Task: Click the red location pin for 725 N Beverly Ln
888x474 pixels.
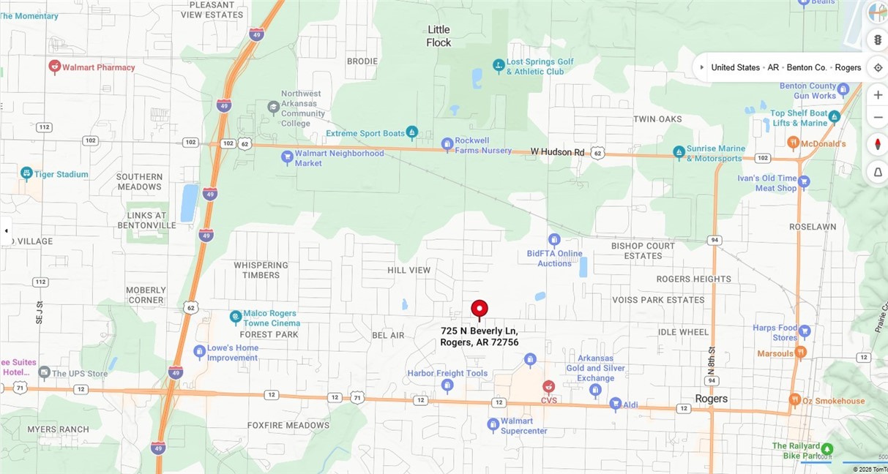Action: tap(480, 309)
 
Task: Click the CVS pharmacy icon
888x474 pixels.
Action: tap(548, 386)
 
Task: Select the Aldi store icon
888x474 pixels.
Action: tap(616, 403)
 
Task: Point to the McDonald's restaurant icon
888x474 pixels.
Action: tap(793, 142)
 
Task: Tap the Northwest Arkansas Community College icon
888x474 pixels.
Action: tap(273, 107)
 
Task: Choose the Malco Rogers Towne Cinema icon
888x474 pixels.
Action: tap(236, 317)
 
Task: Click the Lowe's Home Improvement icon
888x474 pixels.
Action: tap(199, 352)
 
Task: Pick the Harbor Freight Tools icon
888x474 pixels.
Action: tap(447, 385)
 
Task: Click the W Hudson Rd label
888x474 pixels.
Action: tap(558, 152)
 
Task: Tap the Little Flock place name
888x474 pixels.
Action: tap(439, 36)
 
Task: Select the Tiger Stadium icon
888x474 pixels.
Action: tap(27, 174)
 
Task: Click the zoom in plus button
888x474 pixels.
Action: tap(878, 95)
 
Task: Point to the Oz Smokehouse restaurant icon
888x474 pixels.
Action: tap(795, 399)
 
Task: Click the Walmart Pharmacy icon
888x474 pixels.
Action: tap(54, 67)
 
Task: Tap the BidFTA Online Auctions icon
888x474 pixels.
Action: tap(554, 240)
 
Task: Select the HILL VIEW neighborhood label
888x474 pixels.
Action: tap(409, 270)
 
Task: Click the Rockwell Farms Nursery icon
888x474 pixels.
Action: tap(447, 144)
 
